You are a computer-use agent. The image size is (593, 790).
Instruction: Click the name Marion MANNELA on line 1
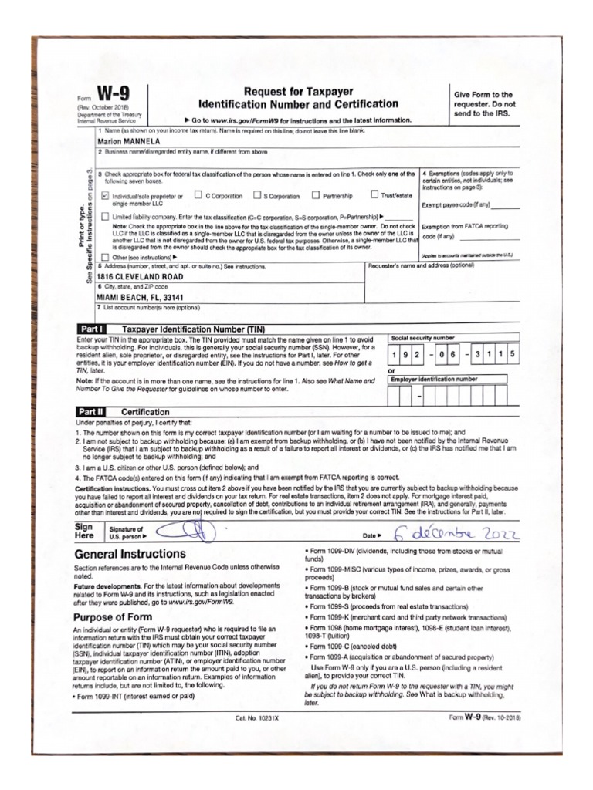click(x=128, y=142)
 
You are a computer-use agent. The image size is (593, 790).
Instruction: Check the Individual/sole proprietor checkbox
click(x=105, y=196)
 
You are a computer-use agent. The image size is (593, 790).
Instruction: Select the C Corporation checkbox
click(x=198, y=195)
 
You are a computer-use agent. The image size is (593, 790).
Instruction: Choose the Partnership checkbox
click(x=315, y=195)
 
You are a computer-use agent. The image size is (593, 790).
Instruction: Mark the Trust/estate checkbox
click(x=374, y=195)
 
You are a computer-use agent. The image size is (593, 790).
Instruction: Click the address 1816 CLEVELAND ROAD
click(x=140, y=276)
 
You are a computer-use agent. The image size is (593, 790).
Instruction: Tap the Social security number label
click(x=423, y=338)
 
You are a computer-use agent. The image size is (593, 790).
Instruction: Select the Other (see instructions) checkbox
click(x=106, y=256)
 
